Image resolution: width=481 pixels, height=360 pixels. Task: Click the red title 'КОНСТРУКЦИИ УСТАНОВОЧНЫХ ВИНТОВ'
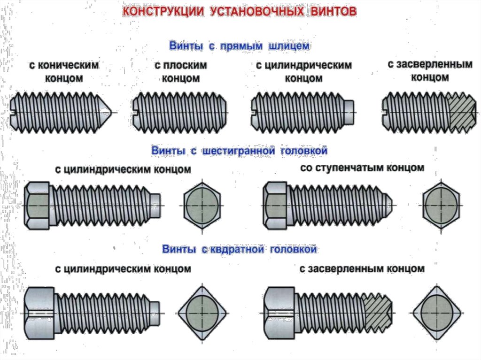(x=240, y=11)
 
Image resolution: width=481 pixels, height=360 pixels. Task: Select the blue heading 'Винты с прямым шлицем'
(x=239, y=46)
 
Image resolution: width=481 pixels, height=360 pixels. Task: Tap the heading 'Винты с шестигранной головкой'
(x=239, y=151)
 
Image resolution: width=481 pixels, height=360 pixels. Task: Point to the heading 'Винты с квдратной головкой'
(x=239, y=249)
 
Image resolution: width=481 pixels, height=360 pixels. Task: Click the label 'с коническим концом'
(x=64, y=71)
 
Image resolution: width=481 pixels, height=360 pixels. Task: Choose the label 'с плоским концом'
(x=181, y=71)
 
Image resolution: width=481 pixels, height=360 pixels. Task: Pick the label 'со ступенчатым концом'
(x=362, y=168)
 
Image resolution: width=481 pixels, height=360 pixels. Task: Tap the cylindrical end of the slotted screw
(x=349, y=113)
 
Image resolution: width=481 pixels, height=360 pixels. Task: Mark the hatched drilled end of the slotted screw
(x=462, y=113)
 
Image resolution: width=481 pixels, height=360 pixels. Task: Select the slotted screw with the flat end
(x=180, y=113)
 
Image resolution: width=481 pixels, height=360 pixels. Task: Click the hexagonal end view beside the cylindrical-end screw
(x=202, y=206)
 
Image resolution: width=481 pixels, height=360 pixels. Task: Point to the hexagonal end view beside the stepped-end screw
(x=442, y=206)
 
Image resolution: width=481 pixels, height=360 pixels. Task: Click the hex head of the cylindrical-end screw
(x=37, y=206)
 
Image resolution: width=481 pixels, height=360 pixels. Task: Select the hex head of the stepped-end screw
(x=276, y=206)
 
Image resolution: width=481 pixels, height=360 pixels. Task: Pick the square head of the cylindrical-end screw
(x=40, y=313)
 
